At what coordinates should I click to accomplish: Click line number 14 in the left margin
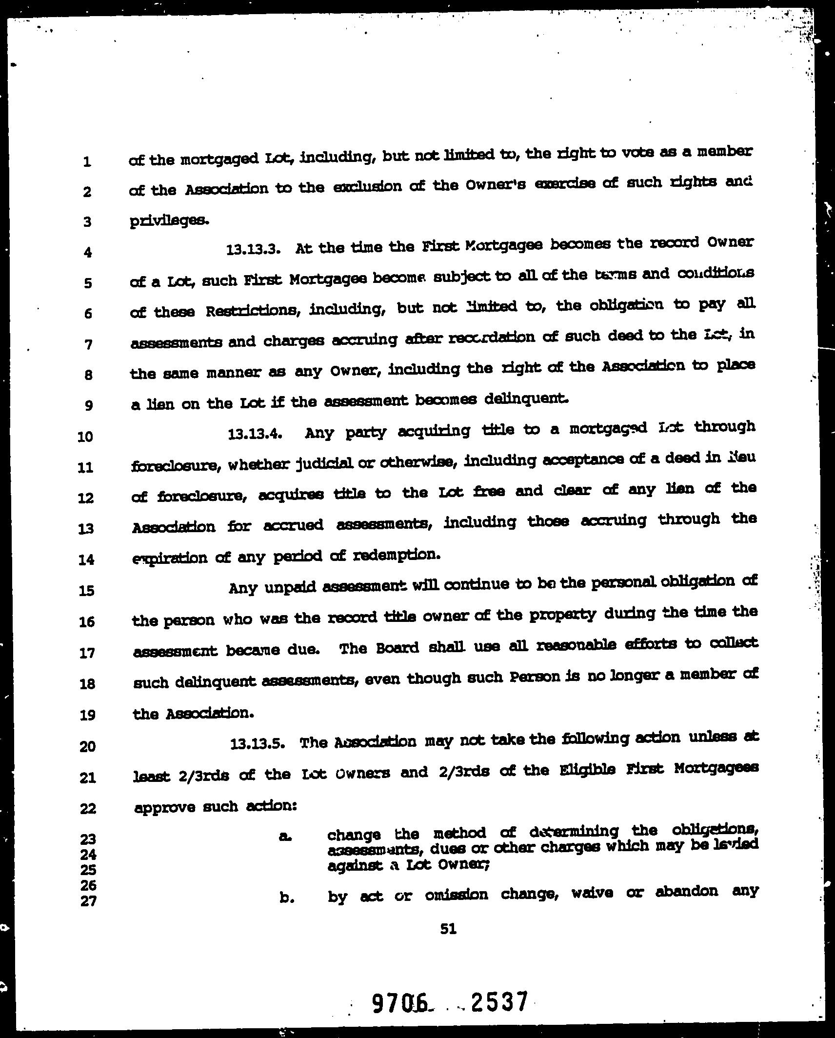pos(86,559)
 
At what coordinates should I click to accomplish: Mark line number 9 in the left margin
pos(88,405)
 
